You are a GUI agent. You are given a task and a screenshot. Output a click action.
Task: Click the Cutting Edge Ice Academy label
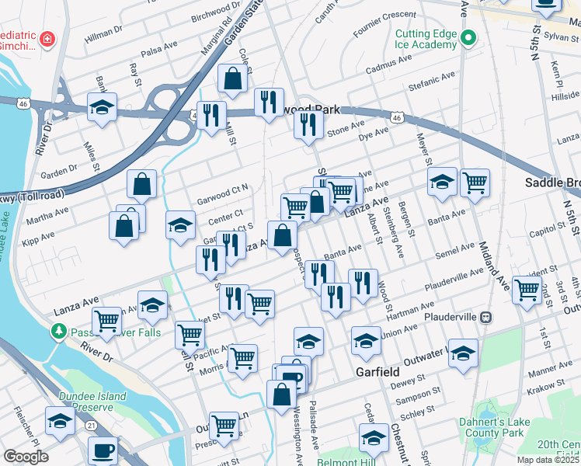(x=425, y=39)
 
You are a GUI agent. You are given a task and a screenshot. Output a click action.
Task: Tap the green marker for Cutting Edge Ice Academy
(x=468, y=37)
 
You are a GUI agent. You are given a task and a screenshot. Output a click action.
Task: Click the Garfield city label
(x=377, y=372)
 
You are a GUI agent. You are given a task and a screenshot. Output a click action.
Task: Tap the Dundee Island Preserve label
(x=92, y=402)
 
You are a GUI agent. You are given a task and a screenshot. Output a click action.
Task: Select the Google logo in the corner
(x=26, y=457)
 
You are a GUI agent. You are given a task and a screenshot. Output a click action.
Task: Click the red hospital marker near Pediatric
(x=47, y=38)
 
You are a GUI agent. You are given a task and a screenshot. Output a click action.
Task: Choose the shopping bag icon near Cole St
(x=233, y=78)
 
